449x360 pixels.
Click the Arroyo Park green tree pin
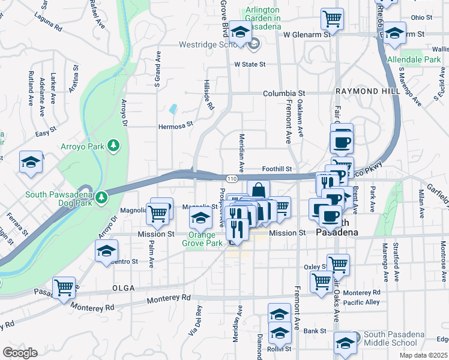click(x=113, y=145)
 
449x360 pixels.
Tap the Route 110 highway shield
click(x=231, y=179)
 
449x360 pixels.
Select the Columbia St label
click(x=285, y=94)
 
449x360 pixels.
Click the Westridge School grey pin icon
click(x=255, y=44)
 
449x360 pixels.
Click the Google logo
click(x=20, y=352)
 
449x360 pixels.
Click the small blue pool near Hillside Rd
click(x=173, y=110)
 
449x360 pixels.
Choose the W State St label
click(x=250, y=64)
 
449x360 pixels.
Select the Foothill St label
click(x=277, y=170)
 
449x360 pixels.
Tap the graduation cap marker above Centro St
click(x=106, y=250)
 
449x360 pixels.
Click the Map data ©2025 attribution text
click(x=423, y=355)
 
